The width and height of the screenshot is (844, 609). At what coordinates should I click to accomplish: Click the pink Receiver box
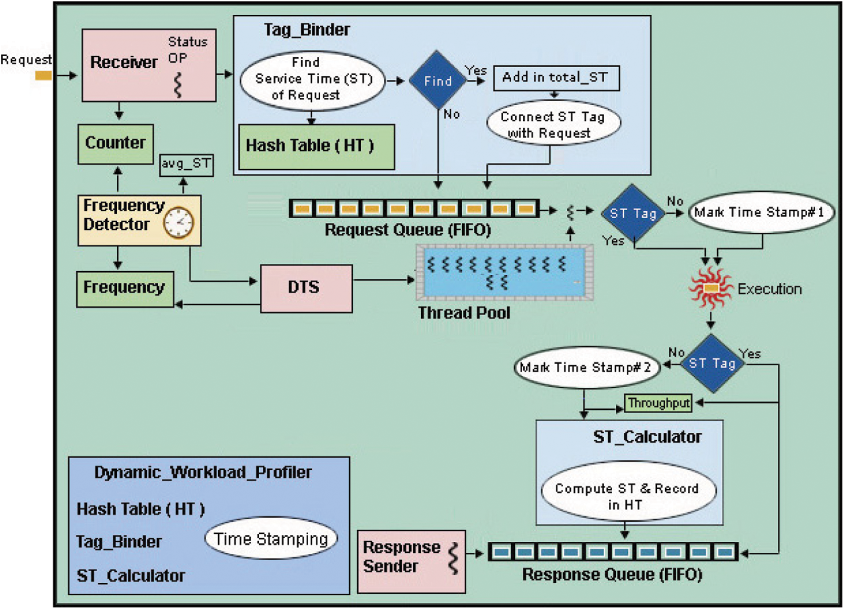click(x=149, y=65)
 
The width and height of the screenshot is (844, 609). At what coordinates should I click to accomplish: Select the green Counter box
click(x=116, y=144)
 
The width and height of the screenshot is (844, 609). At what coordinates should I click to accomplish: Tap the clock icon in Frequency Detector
click(x=178, y=223)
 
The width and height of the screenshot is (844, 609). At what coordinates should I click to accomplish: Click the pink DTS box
click(x=306, y=288)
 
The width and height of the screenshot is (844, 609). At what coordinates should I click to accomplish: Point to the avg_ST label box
click(x=186, y=164)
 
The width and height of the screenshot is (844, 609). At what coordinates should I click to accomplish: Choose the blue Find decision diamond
click(x=438, y=81)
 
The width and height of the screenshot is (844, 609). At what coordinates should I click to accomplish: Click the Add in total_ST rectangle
click(x=556, y=78)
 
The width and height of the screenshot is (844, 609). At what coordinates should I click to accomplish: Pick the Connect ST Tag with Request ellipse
click(x=553, y=125)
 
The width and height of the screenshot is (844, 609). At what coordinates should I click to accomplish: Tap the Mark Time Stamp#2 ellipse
click(x=585, y=367)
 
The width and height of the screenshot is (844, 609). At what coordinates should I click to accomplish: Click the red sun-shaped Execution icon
click(x=710, y=288)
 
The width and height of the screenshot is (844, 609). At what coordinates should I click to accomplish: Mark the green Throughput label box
click(x=658, y=403)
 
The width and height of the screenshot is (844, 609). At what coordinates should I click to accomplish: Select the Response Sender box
click(x=411, y=561)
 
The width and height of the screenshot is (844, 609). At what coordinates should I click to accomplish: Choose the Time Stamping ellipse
click(x=271, y=539)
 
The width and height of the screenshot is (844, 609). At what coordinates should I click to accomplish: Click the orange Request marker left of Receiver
click(x=43, y=76)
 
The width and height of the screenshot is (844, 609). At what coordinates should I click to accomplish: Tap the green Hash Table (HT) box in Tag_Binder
click(x=317, y=147)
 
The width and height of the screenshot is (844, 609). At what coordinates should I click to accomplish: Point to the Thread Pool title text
click(x=464, y=313)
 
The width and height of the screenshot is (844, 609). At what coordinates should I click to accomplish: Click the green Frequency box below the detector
click(x=125, y=288)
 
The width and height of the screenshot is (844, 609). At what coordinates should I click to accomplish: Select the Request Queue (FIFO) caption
click(x=408, y=230)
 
